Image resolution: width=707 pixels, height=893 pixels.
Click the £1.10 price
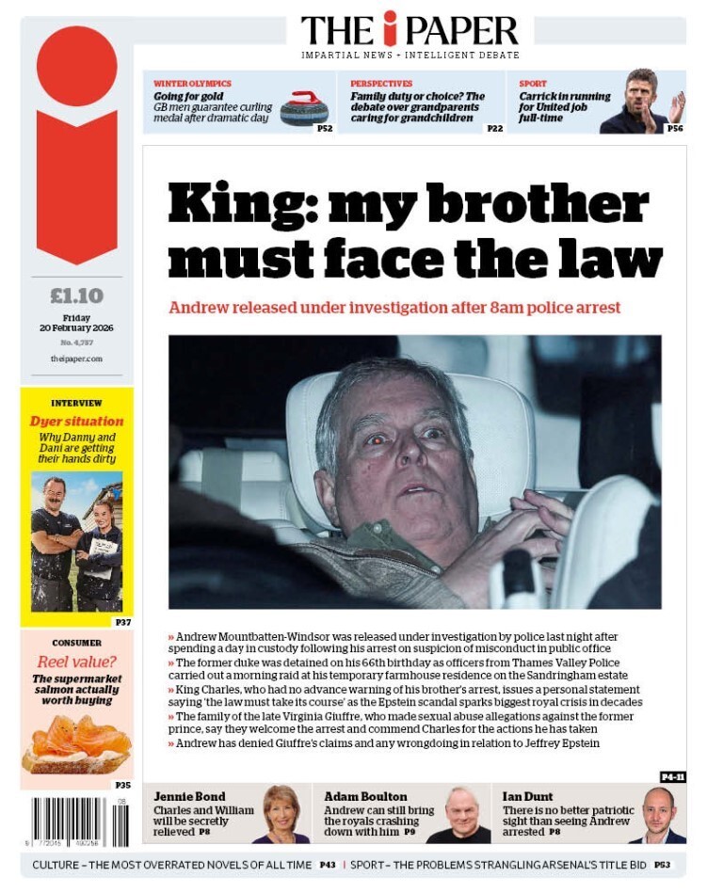76,296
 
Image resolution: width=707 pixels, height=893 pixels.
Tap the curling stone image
303,108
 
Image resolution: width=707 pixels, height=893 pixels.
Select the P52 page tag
324,128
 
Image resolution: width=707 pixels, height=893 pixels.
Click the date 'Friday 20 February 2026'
76,324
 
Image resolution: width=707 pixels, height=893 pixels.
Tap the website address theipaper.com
76,359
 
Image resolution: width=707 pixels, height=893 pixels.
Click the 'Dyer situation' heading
76,422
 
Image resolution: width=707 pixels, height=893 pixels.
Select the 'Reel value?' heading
76,662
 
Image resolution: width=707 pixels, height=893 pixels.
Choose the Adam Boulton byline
365,796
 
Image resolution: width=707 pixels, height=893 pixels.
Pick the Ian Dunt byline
527,796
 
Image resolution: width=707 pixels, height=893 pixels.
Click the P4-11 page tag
672,776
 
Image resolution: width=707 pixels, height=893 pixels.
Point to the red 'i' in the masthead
391,29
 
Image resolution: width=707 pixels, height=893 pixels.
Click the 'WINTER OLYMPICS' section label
192,84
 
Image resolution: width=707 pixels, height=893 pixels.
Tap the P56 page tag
674,128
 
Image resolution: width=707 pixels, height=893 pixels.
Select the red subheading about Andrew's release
394,308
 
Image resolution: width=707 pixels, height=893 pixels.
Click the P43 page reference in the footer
328,864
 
